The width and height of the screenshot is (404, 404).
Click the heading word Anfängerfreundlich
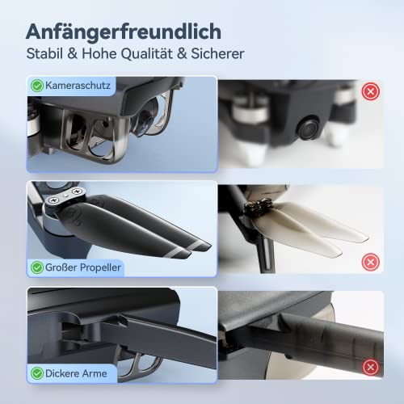(x=124, y=32)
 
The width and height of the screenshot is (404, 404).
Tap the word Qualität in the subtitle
(x=146, y=53)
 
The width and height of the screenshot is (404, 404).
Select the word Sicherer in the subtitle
(x=217, y=53)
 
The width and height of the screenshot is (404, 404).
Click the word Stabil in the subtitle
(x=44, y=53)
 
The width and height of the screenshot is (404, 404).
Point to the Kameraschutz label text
(x=78, y=86)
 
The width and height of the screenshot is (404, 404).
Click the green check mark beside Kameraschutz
(x=37, y=86)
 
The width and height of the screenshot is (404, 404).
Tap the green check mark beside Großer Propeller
(x=37, y=267)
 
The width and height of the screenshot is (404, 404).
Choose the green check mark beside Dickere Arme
(x=37, y=373)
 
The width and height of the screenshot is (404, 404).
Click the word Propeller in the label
(x=100, y=267)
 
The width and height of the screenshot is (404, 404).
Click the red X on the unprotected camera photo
(x=371, y=91)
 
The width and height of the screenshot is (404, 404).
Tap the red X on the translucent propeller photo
(x=371, y=262)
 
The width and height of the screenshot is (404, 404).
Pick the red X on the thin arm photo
(x=371, y=367)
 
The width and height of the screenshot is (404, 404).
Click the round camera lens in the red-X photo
(x=309, y=128)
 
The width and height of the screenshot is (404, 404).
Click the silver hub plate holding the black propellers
(x=65, y=196)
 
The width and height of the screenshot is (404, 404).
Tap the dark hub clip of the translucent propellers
(x=258, y=207)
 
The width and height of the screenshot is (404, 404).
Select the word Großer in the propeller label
(x=61, y=267)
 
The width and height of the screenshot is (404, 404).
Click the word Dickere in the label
(x=62, y=373)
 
